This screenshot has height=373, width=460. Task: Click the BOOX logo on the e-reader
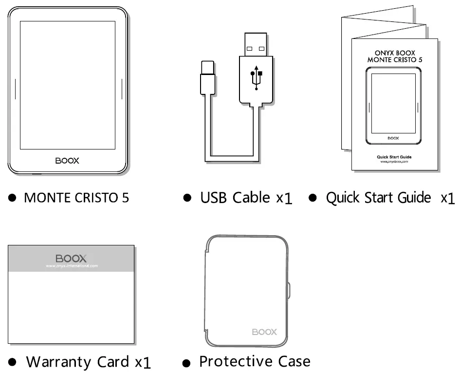pos(67,160)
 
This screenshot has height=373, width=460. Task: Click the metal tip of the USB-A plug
pos(256,43)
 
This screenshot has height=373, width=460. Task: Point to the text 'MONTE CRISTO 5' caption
pos(76,198)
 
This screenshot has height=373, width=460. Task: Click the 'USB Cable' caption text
pos(235,197)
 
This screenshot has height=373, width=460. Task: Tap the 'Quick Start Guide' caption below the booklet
pos(378,197)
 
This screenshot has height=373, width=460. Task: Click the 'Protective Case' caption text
pos(255,361)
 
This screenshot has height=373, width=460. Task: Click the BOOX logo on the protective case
pos(264,332)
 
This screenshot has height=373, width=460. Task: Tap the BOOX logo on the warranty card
pos(71,258)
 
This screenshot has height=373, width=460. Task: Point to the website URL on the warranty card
pos(72,266)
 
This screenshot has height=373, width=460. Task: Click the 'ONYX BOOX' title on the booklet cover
pos(395,52)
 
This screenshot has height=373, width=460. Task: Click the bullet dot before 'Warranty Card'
pos(13,362)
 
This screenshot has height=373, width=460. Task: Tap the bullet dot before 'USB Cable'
pos(187,198)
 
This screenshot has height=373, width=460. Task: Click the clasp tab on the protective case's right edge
pos(289,290)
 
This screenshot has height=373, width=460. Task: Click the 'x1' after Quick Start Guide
pos(447,198)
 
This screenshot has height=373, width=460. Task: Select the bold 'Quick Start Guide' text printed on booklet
pos(394,156)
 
